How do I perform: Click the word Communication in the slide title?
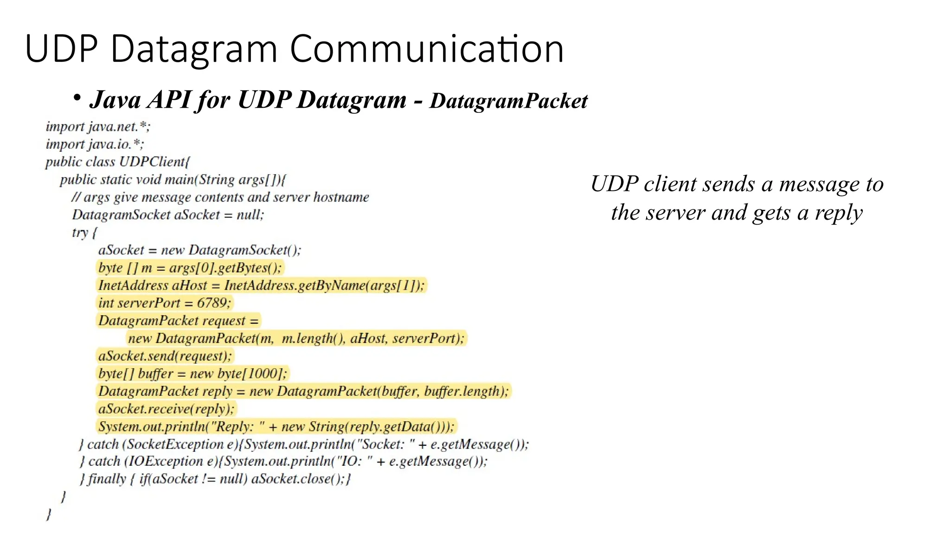[x=427, y=49]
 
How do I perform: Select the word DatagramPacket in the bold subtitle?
[x=508, y=101]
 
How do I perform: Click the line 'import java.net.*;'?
[x=98, y=127]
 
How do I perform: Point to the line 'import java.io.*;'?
[x=95, y=144]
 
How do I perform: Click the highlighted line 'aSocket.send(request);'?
[x=165, y=356]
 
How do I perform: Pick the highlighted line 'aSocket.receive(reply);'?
[x=166, y=409]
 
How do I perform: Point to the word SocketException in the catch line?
[x=175, y=444]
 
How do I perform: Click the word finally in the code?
[x=107, y=479]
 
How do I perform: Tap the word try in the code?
[x=80, y=232]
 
